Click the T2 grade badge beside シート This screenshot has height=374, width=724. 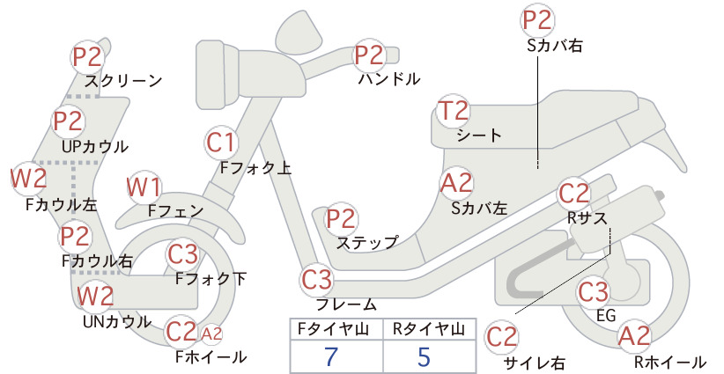(453, 111)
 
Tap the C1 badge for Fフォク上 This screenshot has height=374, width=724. (221, 143)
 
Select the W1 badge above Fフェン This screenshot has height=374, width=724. (144, 187)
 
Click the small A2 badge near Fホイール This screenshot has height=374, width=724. (212, 334)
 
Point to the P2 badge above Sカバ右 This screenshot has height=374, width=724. (537, 20)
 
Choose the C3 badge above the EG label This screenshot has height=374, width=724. (594, 292)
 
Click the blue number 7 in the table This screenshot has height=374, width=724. (330, 356)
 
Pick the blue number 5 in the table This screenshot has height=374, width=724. (424, 356)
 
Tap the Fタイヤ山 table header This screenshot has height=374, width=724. (333, 329)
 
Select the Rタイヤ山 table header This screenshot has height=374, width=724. (428, 329)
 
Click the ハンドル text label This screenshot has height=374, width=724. (389, 79)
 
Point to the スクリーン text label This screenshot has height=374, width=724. (123, 81)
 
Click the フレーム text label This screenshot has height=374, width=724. (346, 304)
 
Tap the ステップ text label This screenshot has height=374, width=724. (367, 243)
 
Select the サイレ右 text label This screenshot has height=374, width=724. (535, 363)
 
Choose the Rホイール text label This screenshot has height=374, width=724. (670, 362)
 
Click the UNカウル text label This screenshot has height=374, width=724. (117, 321)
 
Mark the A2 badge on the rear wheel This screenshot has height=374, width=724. (634, 336)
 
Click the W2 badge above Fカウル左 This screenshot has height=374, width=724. (29, 178)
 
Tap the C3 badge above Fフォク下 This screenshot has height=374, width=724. (183, 254)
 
